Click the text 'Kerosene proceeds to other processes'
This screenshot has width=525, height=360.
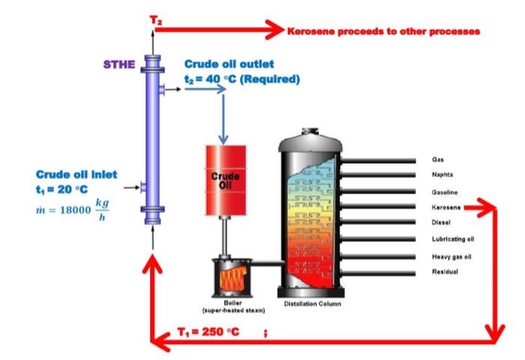[x=382, y=31]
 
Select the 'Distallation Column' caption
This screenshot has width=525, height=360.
[x=311, y=304]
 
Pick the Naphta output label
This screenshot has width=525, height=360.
[x=441, y=175]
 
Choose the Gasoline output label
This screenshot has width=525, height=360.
[x=444, y=191]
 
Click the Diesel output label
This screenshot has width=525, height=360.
[x=440, y=222]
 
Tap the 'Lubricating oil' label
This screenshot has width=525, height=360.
[x=452, y=239]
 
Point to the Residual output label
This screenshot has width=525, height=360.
[x=444, y=271]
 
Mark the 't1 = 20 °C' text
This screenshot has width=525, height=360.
[x=62, y=188]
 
